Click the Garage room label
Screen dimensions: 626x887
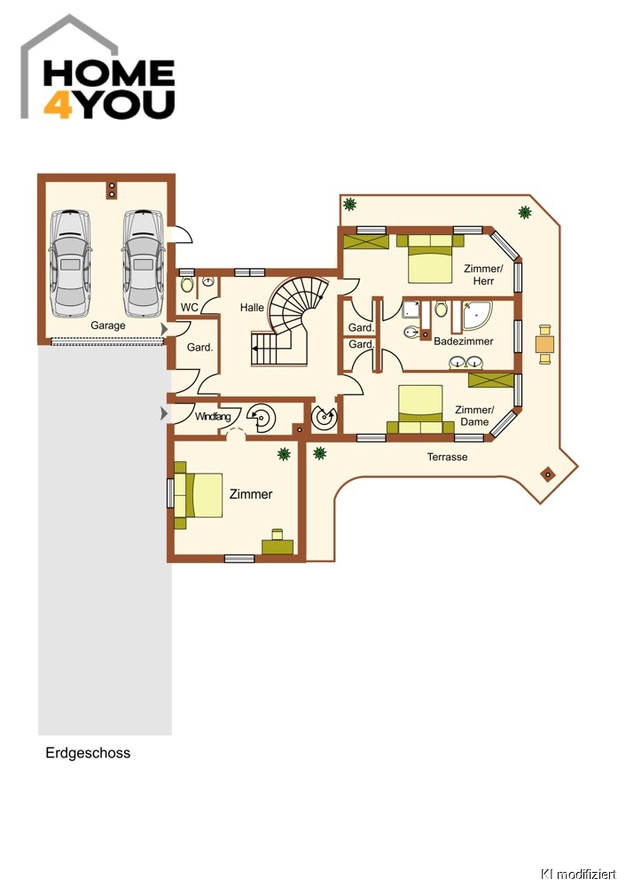[108, 326]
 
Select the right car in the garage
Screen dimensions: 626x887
[143, 263]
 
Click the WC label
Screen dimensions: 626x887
[190, 307]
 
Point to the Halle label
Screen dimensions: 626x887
[252, 307]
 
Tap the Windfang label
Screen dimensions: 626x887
[213, 417]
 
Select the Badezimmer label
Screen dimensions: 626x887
[463, 341]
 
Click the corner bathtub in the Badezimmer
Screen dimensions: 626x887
[477, 315]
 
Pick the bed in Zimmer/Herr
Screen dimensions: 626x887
[430, 258]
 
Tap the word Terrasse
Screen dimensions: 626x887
[447, 457]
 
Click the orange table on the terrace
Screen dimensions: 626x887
[545, 344]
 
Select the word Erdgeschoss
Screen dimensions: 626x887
[88, 753]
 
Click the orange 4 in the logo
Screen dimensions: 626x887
[58, 104]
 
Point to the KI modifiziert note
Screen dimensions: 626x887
[578, 875]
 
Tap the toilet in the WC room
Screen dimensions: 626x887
[187, 284]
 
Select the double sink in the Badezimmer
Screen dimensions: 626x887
[466, 362]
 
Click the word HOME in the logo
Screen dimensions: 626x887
[108, 73]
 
